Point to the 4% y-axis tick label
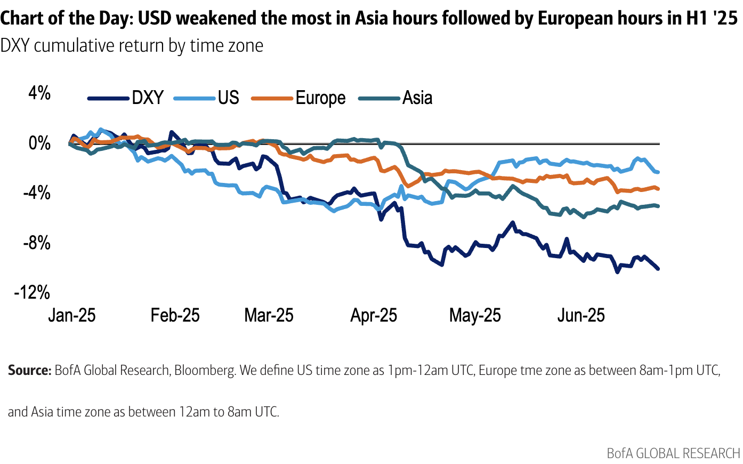tap(39, 94)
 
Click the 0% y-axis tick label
tap(39, 143)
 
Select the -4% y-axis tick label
tap(37, 193)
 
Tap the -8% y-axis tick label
tap(37, 243)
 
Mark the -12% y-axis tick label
tap(33, 292)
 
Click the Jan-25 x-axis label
tap(71, 315)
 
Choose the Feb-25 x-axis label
tap(175, 315)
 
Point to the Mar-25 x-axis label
tap(269, 315)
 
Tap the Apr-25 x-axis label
tap(374, 315)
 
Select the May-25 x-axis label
tap(475, 315)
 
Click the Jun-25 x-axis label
tap(581, 315)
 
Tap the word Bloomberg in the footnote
tap(205, 371)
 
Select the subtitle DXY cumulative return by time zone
tap(132, 46)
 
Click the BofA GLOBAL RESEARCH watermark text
tap(673, 453)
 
